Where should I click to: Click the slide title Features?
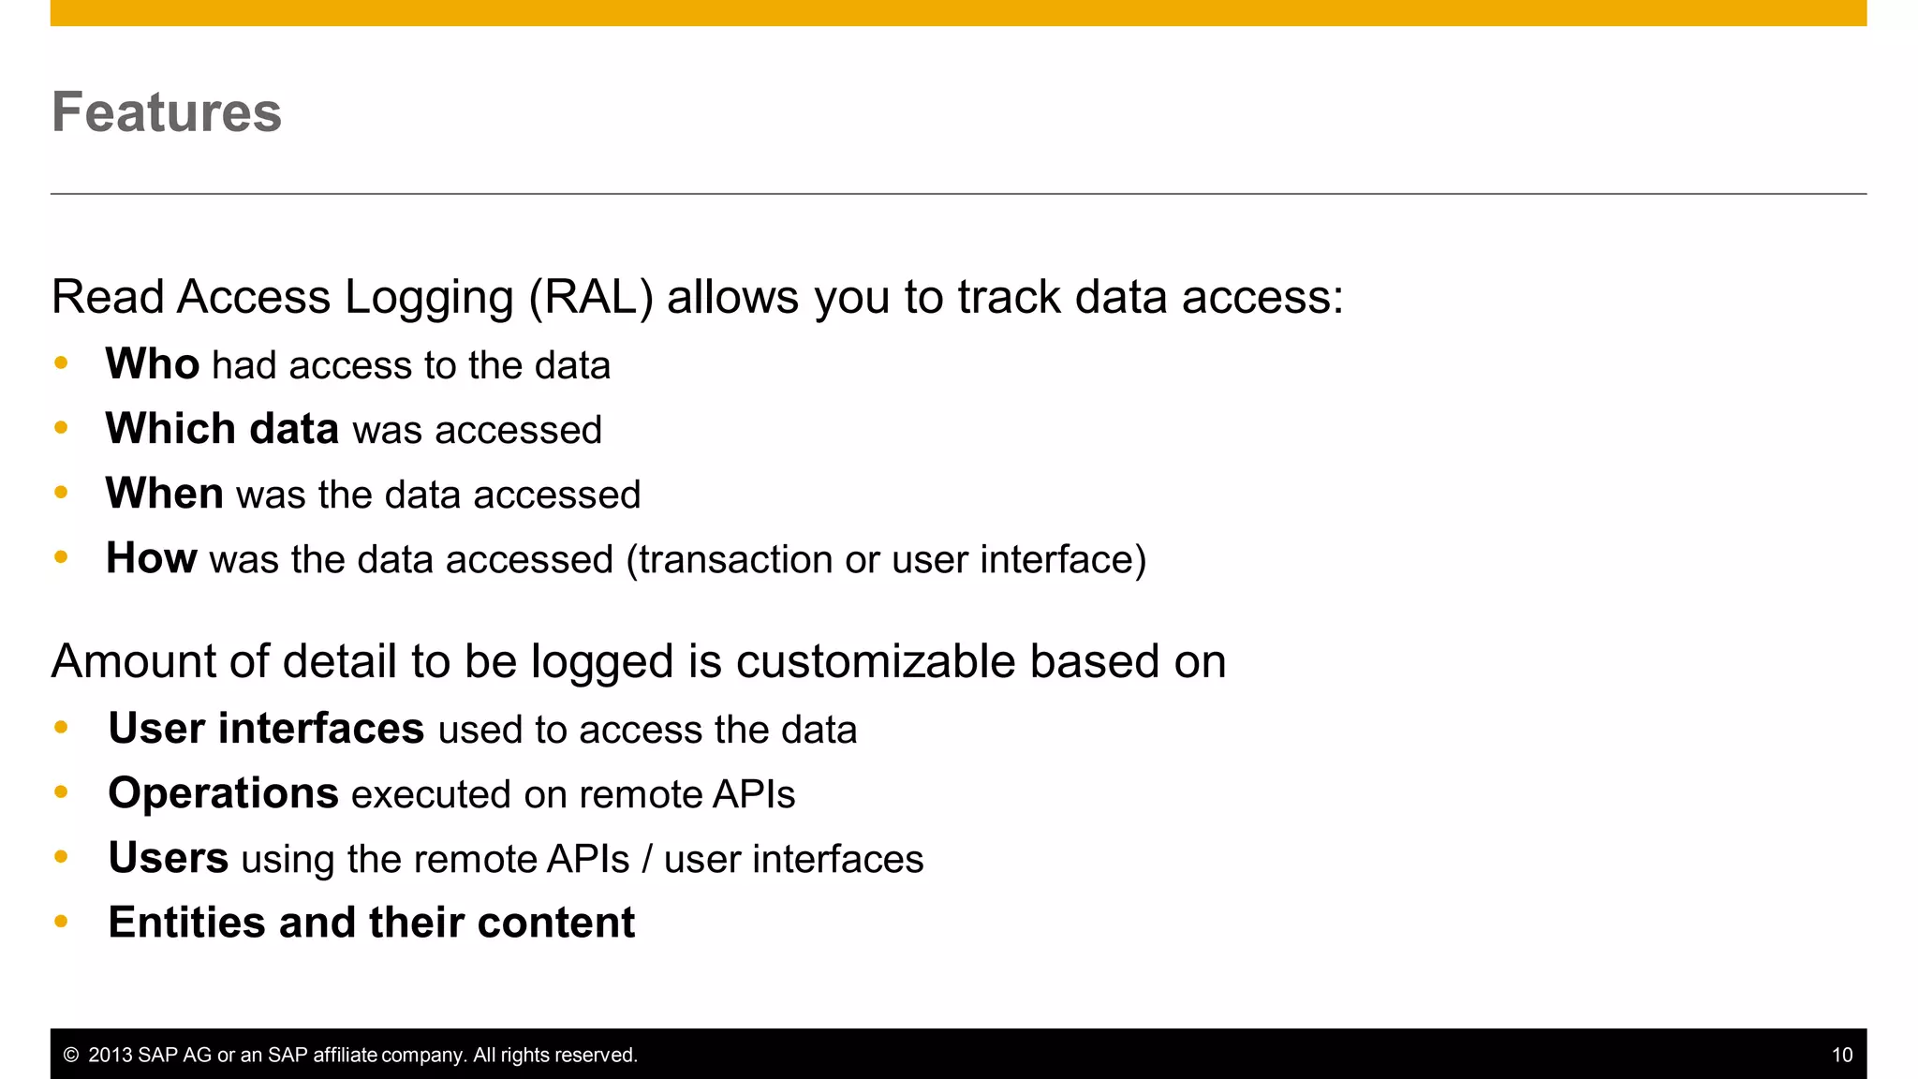(167, 112)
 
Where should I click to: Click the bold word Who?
(152, 363)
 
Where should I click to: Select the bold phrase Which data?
(222, 429)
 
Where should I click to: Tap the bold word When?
(164, 494)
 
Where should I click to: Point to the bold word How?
(151, 558)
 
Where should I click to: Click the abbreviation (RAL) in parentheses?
(591, 298)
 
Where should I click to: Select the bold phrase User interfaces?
(266, 729)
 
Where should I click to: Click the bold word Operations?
(223, 793)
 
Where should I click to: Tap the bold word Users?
(168, 858)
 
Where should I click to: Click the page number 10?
(1841, 1056)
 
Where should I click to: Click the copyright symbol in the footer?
(70, 1056)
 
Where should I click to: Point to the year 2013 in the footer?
(110, 1056)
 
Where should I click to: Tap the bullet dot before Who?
(62, 363)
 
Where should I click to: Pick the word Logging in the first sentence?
(429, 298)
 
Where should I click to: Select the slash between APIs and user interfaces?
(647, 859)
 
